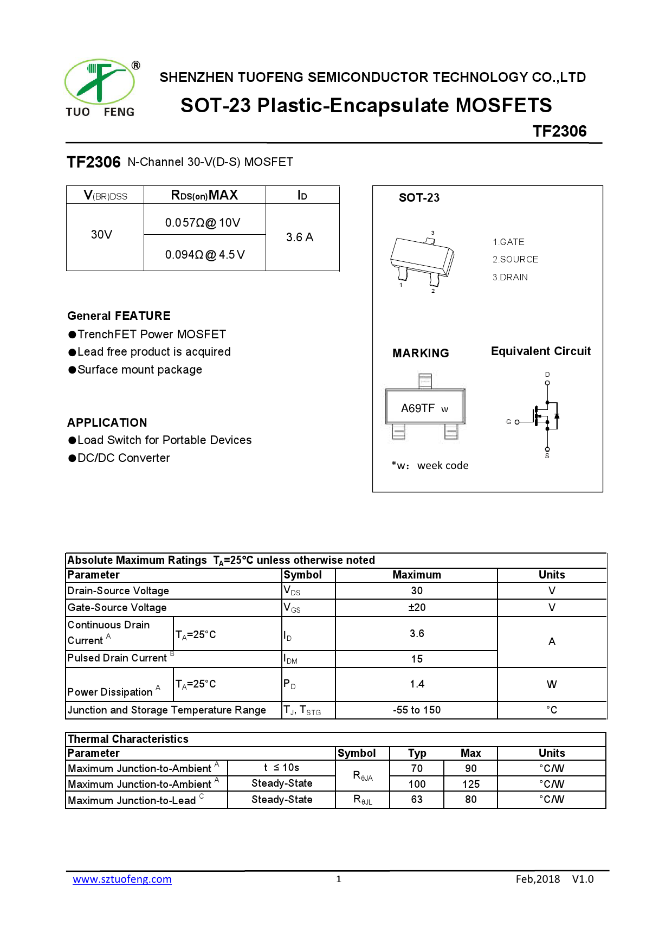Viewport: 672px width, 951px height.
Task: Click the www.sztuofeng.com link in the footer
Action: [x=122, y=879]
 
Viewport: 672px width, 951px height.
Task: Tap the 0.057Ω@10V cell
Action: [x=203, y=223]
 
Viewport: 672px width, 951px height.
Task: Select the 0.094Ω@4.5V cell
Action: [x=205, y=255]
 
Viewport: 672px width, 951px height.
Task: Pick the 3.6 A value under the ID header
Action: [x=300, y=237]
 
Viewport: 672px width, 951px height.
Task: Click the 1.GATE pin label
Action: [x=508, y=242]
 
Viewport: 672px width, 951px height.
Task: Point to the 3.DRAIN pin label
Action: [x=510, y=278]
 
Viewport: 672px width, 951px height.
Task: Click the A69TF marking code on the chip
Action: [x=418, y=408]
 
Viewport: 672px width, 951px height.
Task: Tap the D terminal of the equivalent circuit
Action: [x=547, y=383]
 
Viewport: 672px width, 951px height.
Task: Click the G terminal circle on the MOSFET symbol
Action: [x=517, y=422]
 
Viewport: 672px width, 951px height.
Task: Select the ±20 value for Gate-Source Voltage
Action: [x=417, y=608]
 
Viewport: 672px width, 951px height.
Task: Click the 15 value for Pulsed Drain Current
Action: [x=417, y=659]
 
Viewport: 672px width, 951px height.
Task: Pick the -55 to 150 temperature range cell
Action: [x=417, y=710]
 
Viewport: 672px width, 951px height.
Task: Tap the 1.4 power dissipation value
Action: [x=417, y=684]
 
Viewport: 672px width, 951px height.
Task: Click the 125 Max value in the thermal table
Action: [x=470, y=784]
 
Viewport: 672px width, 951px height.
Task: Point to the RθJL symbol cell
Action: [x=363, y=800]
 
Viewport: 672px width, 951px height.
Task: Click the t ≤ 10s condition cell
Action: [x=281, y=768]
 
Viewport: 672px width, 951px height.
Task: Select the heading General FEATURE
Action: [x=119, y=316]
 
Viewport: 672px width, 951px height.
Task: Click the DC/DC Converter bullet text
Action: [x=124, y=458]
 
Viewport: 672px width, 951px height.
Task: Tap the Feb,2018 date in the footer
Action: [x=538, y=879]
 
